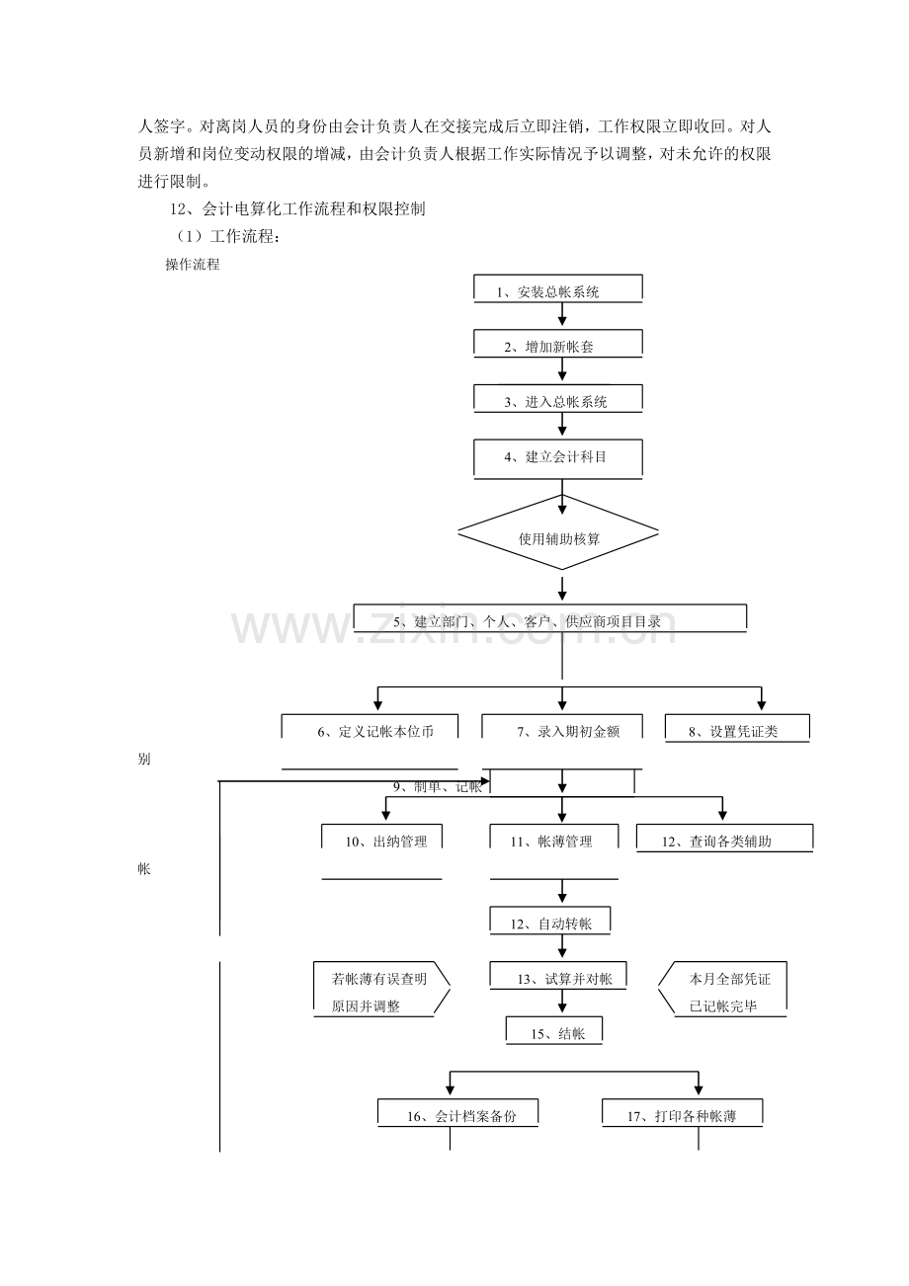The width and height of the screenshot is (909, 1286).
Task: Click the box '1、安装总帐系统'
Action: tap(557, 288)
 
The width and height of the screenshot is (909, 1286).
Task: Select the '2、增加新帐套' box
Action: tap(557, 344)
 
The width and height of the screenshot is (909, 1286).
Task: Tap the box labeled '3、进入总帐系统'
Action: tap(557, 398)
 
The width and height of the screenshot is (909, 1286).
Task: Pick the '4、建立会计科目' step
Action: tap(557, 459)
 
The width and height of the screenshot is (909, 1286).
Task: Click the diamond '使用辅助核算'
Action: tap(557, 532)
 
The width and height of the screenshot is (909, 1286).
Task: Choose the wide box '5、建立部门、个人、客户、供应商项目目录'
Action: tap(549, 618)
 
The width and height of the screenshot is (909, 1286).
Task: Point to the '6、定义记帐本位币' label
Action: tap(375, 732)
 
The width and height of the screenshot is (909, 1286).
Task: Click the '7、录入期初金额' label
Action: tap(568, 732)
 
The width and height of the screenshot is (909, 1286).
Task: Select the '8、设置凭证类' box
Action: tap(737, 729)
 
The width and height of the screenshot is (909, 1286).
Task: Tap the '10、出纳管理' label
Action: tap(386, 842)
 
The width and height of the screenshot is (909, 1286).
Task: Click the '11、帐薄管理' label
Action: tap(551, 842)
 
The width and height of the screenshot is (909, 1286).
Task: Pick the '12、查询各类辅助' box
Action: tap(724, 839)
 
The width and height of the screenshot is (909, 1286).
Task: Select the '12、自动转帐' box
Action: tap(550, 921)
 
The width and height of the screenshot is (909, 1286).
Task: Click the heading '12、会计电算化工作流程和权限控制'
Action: tap(297, 208)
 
